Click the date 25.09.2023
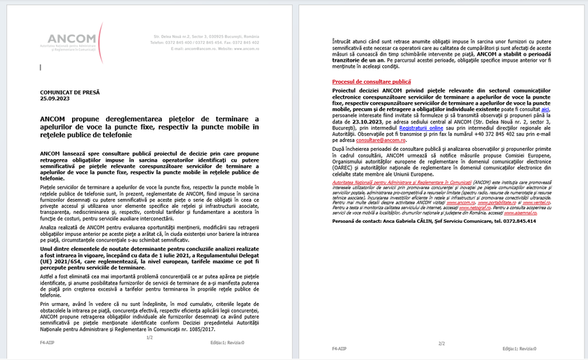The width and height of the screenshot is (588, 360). (54, 99)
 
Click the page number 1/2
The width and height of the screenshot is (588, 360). (149, 337)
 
